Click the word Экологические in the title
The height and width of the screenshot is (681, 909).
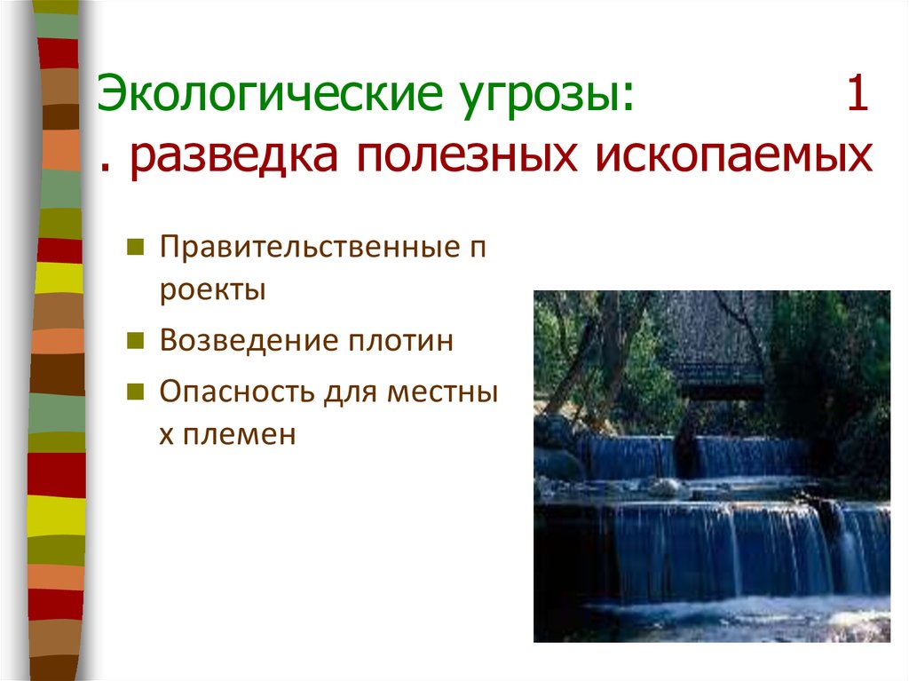270,93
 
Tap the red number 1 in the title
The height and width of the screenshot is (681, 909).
858,92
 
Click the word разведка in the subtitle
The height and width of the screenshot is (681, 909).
233,156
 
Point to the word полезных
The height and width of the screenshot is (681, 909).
467,156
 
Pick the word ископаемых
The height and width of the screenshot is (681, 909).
733,156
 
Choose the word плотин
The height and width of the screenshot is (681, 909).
400,341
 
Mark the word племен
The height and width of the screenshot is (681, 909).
239,434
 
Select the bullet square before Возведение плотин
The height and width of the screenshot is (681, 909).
135,341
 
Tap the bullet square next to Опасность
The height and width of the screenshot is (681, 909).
135,392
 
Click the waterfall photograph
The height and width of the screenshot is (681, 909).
712,466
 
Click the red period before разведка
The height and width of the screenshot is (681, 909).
105,170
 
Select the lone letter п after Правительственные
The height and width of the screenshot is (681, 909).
477,249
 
